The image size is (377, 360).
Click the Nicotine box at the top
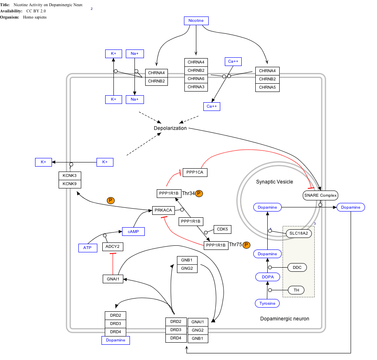tap(196, 21)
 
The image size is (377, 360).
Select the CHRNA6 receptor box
tap(196, 79)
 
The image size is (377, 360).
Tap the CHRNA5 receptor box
tap(267, 87)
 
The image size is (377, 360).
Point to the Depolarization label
tap(170, 128)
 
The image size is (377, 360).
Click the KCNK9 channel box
tap(70, 184)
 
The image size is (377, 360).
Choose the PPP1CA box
tap(195, 172)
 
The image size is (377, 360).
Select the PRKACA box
tap(163, 210)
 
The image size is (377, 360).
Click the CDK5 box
tap(222, 229)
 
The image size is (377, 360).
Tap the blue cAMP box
tap(133, 232)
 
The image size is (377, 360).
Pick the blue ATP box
tap(87, 248)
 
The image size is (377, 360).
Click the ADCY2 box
tap(113, 247)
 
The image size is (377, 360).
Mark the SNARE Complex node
tap(320, 195)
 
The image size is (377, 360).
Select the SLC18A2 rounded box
tap(299, 233)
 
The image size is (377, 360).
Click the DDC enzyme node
tap(297, 268)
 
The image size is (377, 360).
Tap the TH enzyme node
tap(296, 290)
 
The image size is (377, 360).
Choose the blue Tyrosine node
tap(267, 304)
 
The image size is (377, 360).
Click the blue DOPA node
tap(268, 277)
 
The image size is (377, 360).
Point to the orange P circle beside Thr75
tap(246, 245)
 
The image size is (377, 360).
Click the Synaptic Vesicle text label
tap(274, 182)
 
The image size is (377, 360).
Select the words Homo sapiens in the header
tap(35, 17)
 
